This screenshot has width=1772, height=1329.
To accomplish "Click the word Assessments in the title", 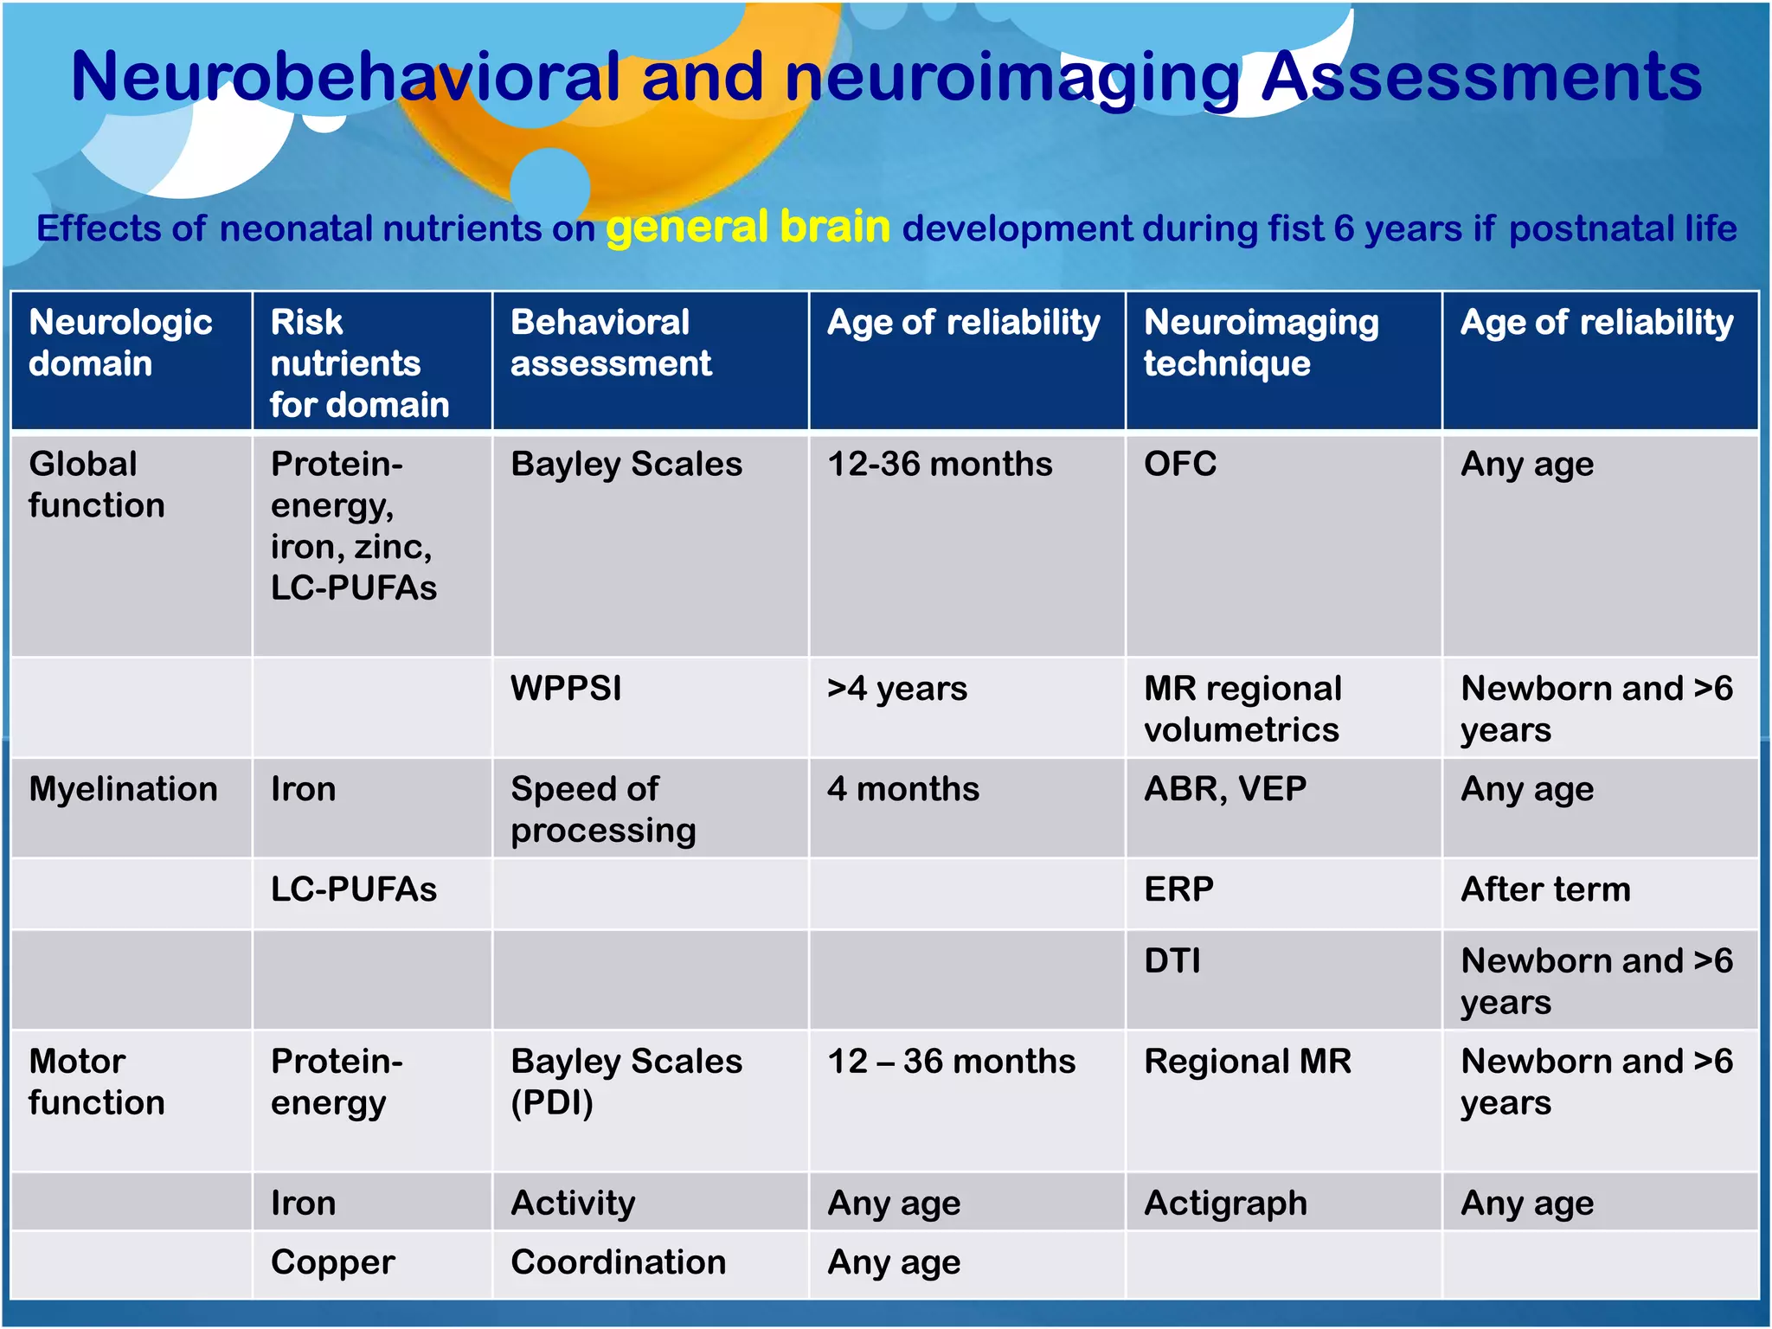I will [x=1480, y=78].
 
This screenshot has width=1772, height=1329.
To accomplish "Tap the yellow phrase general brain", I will [x=748, y=228].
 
